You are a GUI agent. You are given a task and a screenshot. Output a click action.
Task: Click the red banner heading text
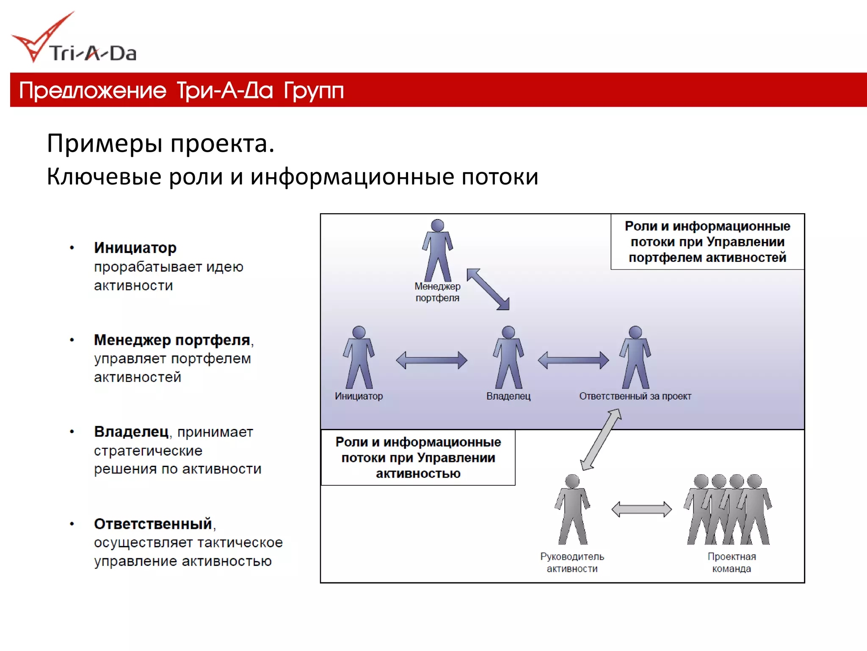pyautogui.click(x=181, y=90)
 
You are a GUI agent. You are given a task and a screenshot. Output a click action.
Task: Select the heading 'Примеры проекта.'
pyautogui.click(x=160, y=143)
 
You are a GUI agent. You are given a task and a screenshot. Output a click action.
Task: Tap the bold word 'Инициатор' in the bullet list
pyautogui.click(x=135, y=248)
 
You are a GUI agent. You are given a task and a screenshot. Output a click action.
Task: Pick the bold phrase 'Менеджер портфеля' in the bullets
pyautogui.click(x=172, y=340)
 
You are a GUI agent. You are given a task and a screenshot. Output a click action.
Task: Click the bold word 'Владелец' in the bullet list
pyautogui.click(x=131, y=432)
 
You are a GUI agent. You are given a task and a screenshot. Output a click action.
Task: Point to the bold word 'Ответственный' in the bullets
pyautogui.click(x=153, y=524)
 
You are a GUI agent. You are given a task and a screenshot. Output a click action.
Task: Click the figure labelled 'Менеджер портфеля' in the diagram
pyautogui.click(x=437, y=250)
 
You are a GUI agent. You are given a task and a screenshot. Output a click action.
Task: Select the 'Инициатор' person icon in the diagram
pyautogui.click(x=359, y=357)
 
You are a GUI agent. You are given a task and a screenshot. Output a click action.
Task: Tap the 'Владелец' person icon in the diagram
pyautogui.click(x=508, y=357)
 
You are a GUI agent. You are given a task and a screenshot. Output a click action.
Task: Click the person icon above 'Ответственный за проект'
pyautogui.click(x=635, y=357)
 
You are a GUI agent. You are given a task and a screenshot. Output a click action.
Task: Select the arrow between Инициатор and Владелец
pyautogui.click(x=431, y=360)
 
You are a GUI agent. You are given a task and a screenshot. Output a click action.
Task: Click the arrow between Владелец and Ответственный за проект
pyautogui.click(x=573, y=360)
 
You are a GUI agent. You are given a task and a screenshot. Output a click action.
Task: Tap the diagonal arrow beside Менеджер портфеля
pyautogui.click(x=488, y=289)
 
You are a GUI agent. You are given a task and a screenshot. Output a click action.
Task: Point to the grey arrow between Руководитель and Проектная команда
pyautogui.click(x=642, y=509)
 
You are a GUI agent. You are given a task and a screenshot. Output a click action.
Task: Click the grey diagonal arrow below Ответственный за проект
pyautogui.click(x=601, y=440)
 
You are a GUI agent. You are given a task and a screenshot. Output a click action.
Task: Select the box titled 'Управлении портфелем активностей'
pyautogui.click(x=707, y=242)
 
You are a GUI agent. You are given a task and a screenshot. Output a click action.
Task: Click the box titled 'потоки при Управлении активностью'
pyautogui.click(x=418, y=458)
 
